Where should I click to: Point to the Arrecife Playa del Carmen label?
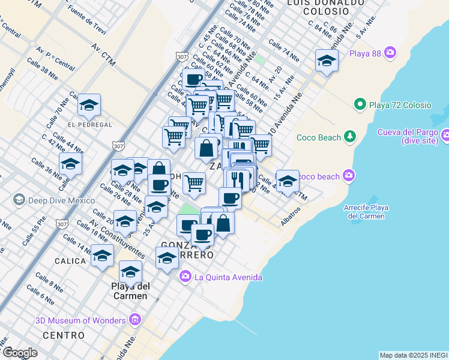pos(366,212)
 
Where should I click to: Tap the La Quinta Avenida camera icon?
pos(185,277)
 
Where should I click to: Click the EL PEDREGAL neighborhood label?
pos(90,124)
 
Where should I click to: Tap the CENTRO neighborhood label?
pos(63,335)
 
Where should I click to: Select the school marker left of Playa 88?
pos(327,61)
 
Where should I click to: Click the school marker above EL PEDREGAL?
pos(89,106)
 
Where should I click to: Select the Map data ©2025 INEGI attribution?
pos(414,355)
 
